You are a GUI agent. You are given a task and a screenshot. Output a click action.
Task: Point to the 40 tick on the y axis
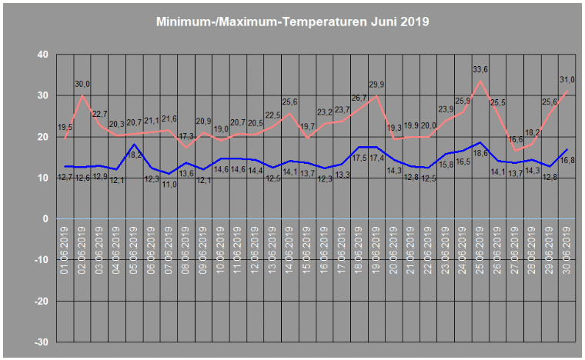tap(42, 55)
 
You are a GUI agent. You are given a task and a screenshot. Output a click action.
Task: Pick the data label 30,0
tap(82, 84)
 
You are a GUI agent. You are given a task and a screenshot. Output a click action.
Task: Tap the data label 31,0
tap(567, 79)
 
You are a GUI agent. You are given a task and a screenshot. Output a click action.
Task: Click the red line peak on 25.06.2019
tap(480, 81)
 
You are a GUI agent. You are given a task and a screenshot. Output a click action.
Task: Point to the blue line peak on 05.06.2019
tap(135, 145)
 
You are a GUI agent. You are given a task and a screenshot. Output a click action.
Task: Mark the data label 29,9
tap(376, 85)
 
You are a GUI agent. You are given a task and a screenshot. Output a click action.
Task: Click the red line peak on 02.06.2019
tap(82, 95)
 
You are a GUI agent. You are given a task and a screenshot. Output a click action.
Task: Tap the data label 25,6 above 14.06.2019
tap(289, 102)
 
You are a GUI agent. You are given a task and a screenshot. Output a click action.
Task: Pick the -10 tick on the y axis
tap(39, 259)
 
